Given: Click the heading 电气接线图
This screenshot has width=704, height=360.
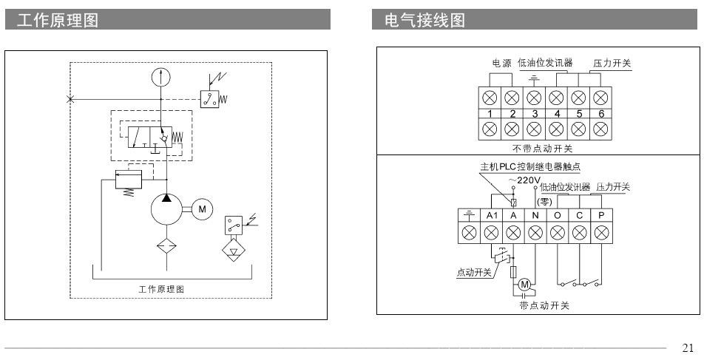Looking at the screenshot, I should [x=425, y=21].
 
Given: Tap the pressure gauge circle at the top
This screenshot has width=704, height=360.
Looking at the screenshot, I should [x=160, y=76].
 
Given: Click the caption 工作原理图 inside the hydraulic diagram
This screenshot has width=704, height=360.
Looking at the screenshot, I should [x=161, y=288].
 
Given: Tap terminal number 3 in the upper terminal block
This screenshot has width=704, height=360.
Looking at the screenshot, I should [x=534, y=114].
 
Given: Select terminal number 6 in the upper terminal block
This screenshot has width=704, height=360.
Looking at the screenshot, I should [x=601, y=114].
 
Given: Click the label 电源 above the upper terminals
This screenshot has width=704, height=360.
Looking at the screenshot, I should [x=501, y=64].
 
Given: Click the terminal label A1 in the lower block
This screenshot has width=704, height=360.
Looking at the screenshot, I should [x=491, y=215].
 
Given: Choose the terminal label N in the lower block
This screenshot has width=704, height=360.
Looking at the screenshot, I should [x=535, y=215].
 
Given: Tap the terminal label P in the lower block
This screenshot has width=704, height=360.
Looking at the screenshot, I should [x=601, y=215].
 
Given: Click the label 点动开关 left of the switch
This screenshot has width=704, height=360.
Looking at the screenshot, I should [x=473, y=272].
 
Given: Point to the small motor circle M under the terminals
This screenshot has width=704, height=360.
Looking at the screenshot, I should [x=524, y=284].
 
